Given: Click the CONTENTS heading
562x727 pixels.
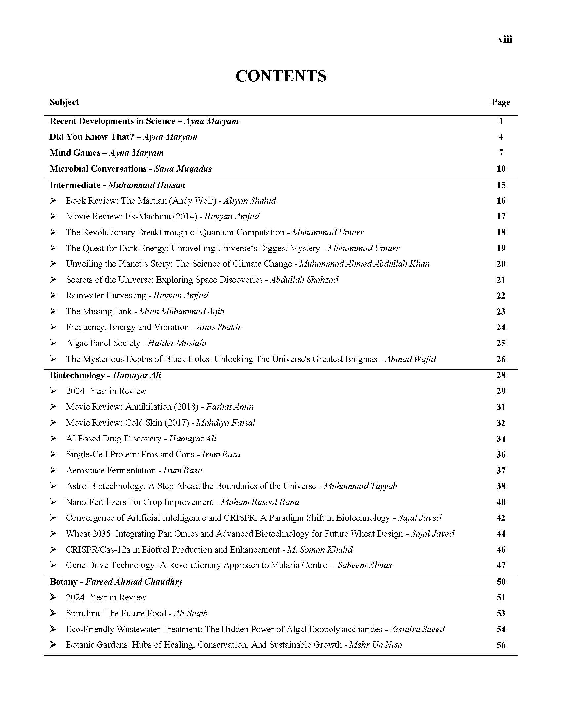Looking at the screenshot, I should pyautogui.click(x=281, y=76).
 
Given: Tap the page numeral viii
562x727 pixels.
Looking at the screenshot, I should pyautogui.click(x=505, y=39).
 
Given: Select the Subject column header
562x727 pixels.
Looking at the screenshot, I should pyautogui.click(x=64, y=102).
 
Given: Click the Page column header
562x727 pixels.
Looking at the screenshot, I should pyautogui.click(x=501, y=102).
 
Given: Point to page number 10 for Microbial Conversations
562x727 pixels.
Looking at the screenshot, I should pyautogui.click(x=501, y=169).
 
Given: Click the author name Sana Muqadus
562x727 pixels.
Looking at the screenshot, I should pyautogui.click(x=183, y=169).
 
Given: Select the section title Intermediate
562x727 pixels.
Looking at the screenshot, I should pyautogui.click(x=75, y=185).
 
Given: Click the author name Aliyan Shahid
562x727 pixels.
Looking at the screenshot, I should pyautogui.click(x=250, y=200).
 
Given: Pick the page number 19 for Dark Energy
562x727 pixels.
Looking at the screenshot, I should pyautogui.click(x=501, y=248).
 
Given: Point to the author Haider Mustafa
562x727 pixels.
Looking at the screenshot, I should pyautogui.click(x=177, y=343).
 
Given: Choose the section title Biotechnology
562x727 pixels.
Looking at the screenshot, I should pyautogui.click(x=77, y=375).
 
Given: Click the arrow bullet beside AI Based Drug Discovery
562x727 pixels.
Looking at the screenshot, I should pyautogui.click(x=53, y=439).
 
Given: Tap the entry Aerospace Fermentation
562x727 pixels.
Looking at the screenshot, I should pyautogui.click(x=111, y=470).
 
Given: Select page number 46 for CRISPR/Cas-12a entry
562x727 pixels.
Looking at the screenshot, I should pyautogui.click(x=501, y=549).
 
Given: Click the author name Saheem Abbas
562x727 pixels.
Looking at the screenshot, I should pyautogui.click(x=365, y=565).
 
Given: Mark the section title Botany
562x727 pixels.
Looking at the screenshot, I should pyautogui.click(x=63, y=582).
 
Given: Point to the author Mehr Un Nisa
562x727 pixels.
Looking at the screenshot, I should pyautogui.click(x=376, y=645).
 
